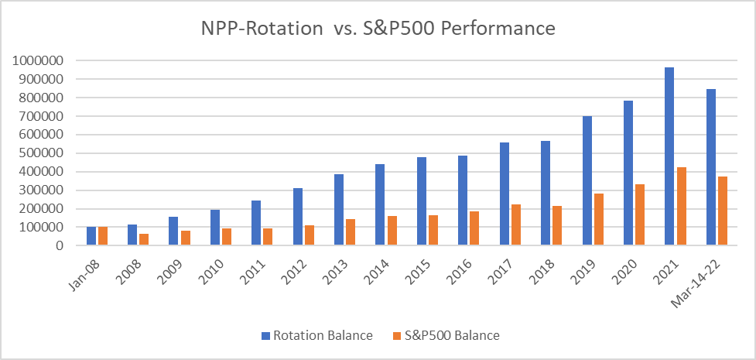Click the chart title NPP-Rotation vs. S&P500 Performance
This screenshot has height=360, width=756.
click(378, 29)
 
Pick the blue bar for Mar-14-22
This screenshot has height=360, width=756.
click(710, 167)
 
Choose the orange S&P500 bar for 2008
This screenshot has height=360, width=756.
click(144, 240)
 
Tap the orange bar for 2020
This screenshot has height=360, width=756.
click(640, 215)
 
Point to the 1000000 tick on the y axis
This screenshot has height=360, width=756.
click(44, 60)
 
